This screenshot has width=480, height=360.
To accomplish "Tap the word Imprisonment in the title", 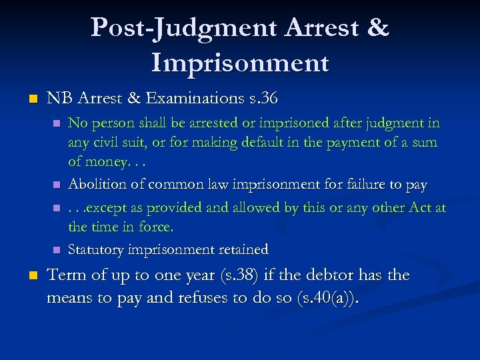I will pyautogui.click(x=240, y=63).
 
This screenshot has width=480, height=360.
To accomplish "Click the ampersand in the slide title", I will pyautogui.click(x=377, y=28).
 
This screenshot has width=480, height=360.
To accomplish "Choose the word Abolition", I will pyautogui.click(x=95, y=185).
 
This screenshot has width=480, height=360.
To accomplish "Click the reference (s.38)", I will pyautogui.click(x=201, y=275).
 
